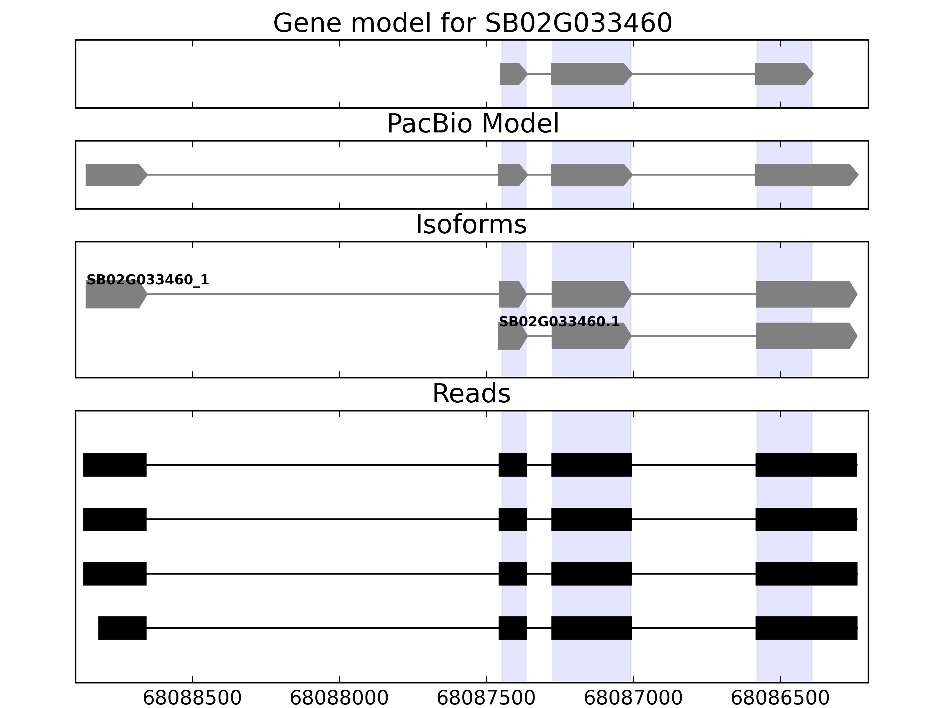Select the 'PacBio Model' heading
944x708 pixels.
[472, 124]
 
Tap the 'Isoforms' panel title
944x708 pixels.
[471, 224]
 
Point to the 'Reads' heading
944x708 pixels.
[471, 394]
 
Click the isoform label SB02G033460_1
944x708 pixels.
[148, 280]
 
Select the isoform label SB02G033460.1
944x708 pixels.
[559, 322]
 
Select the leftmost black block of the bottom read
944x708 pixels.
[122, 628]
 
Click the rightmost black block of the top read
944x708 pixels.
[806, 465]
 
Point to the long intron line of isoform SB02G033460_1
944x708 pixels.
[323, 294]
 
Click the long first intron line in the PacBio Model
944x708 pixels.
[323, 175]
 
